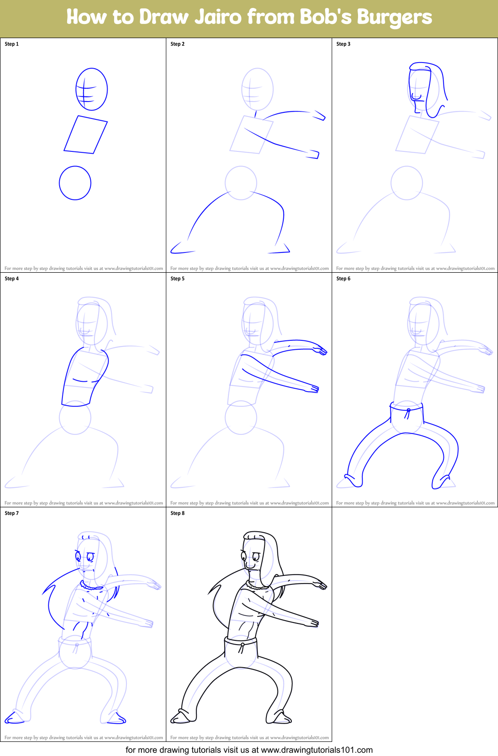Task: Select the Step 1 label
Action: (x=12, y=44)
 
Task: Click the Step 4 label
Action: (x=12, y=279)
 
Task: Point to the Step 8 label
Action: (x=178, y=513)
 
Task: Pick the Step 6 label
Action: (x=343, y=279)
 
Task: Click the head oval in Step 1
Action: (x=92, y=89)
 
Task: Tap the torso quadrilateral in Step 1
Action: (x=86, y=135)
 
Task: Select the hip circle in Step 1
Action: (x=75, y=183)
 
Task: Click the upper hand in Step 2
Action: (x=319, y=116)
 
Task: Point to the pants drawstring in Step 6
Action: (x=407, y=414)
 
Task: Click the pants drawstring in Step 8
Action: (x=241, y=648)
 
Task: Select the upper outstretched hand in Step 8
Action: (x=320, y=585)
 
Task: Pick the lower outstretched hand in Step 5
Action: (x=314, y=389)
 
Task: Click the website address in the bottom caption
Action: (x=317, y=750)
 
